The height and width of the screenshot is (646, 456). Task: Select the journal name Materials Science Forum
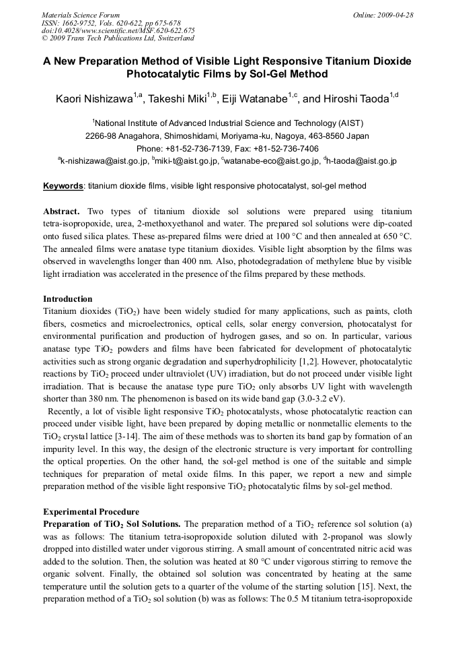point(81,15)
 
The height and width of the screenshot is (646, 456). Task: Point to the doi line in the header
point(118,30)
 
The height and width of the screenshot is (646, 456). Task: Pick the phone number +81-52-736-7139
point(198,149)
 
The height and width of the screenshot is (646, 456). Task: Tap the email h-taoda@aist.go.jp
point(362,161)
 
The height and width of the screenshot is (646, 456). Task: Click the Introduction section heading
point(68,298)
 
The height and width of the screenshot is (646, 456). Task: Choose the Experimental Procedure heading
point(91,511)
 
